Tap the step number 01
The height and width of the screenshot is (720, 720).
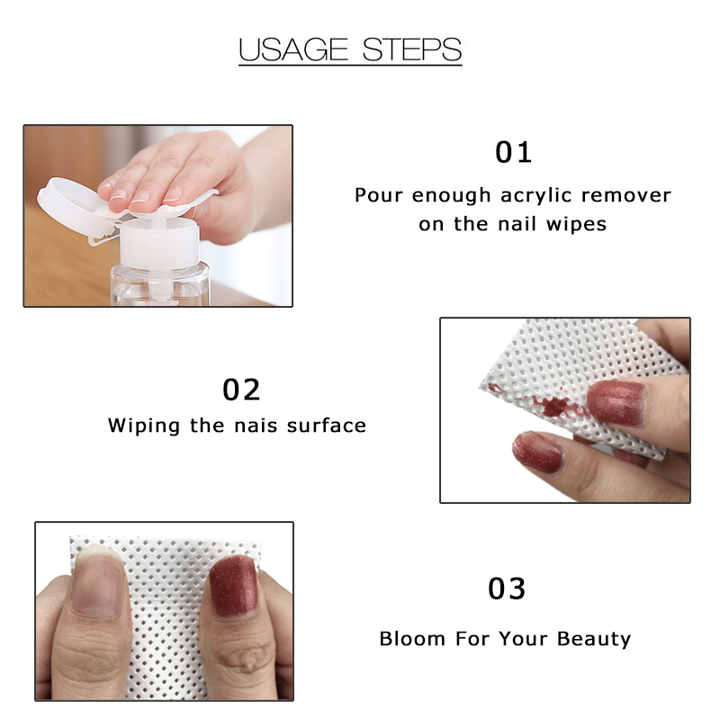coord(514,151)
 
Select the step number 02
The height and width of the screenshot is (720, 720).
coord(241,390)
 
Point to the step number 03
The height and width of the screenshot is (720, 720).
coord(507,589)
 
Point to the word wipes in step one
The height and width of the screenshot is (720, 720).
coord(578,224)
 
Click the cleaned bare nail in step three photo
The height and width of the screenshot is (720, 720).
coord(97,586)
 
